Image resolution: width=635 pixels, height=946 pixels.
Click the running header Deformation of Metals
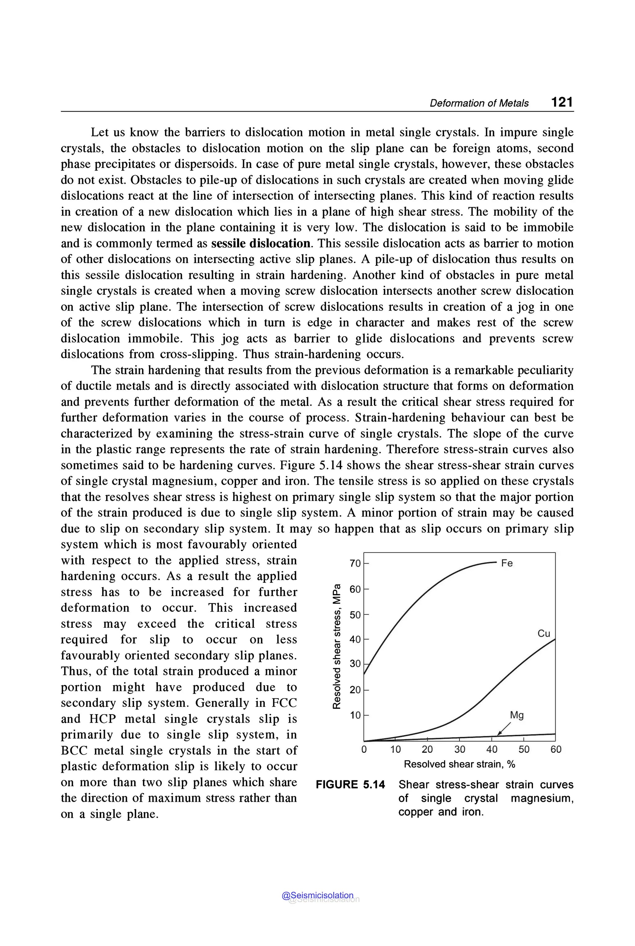point(479,103)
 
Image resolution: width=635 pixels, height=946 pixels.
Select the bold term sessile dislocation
point(261,243)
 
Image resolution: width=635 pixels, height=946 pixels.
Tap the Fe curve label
point(507,563)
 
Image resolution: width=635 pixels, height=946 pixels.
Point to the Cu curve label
point(544,633)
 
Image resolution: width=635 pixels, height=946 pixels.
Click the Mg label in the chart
point(517,715)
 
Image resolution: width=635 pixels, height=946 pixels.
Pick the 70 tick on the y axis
point(355,564)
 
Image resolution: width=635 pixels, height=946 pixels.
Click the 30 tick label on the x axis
point(460,749)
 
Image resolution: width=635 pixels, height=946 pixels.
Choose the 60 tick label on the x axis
point(556,749)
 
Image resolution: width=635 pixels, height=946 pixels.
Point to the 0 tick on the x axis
point(364,749)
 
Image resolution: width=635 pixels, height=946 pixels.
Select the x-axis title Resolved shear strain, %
point(459,764)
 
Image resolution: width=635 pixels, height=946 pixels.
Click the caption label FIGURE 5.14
point(350,785)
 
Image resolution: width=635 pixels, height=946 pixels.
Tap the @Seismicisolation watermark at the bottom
point(317,895)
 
